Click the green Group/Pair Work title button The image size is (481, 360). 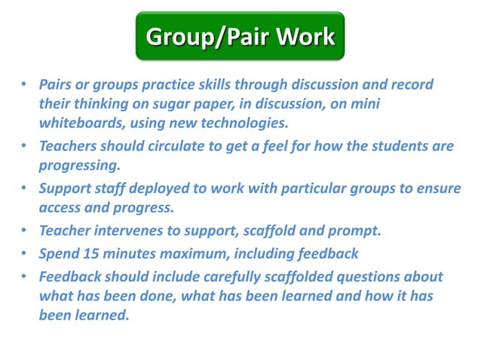240,36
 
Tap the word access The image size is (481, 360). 62,207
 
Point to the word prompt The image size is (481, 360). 357,231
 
